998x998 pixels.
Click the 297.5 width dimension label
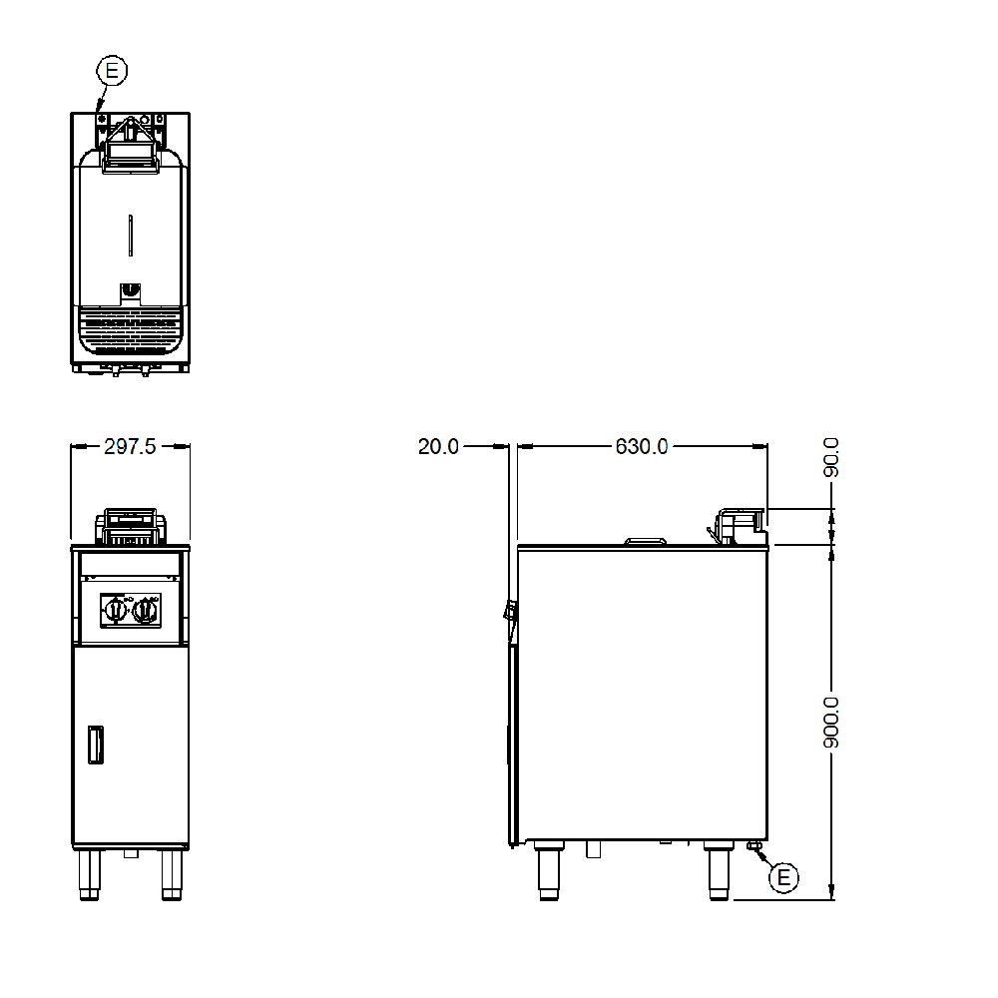[x=130, y=447]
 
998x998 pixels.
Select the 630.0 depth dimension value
[x=642, y=447]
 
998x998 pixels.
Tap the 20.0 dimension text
[x=438, y=447]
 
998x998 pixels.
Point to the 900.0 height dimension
[x=831, y=723]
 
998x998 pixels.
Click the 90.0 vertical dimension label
[x=831, y=458]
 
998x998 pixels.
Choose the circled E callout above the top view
[x=112, y=70]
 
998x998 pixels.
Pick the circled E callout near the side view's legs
[x=783, y=877]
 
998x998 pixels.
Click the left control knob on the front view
[x=115, y=611]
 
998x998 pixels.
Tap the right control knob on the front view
[x=147, y=611]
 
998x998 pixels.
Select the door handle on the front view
[x=96, y=745]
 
